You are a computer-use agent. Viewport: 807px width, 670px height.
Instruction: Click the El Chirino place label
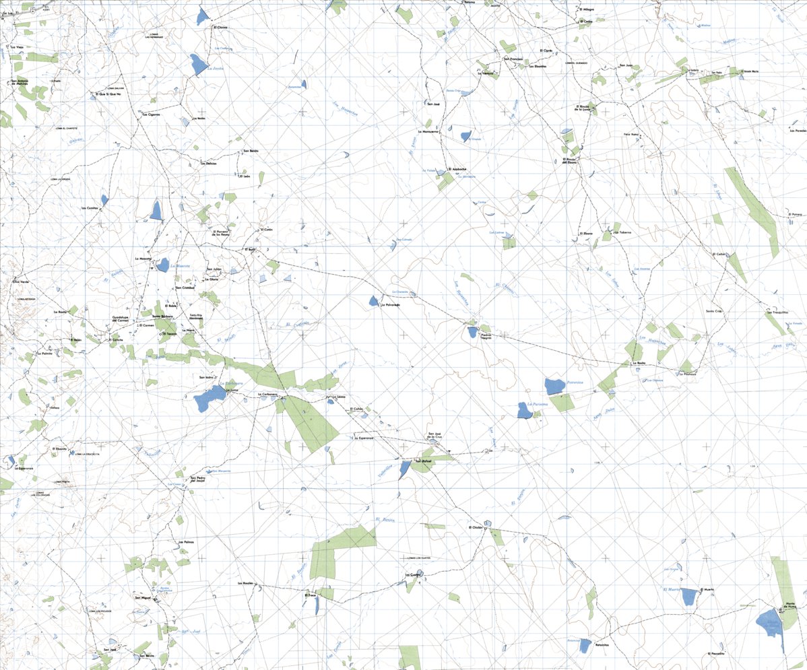click(x=220, y=28)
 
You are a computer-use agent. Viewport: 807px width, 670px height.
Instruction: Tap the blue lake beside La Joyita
click(x=198, y=65)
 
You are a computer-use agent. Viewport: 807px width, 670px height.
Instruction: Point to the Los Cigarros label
click(x=150, y=115)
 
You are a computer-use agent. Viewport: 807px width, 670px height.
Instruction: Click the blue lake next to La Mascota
click(x=162, y=265)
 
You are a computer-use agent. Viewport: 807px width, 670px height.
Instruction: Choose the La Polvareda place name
click(x=390, y=305)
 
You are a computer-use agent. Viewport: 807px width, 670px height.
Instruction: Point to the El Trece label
click(x=311, y=595)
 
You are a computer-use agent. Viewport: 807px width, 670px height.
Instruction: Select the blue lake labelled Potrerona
click(x=554, y=386)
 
